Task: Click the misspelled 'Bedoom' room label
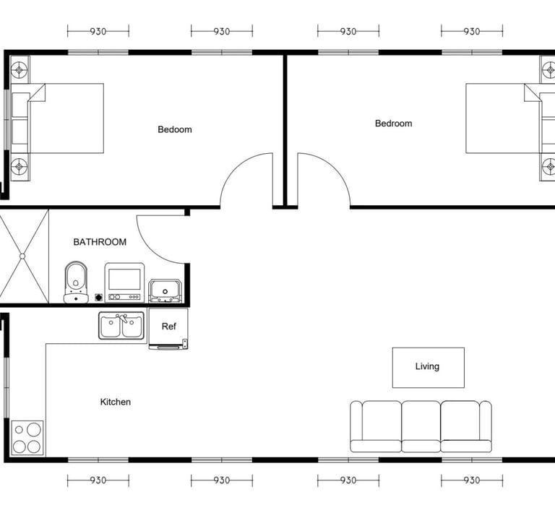coord(175,129)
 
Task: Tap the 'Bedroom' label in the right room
coord(394,124)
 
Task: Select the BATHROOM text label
coord(100,242)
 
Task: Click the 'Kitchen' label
coord(116,402)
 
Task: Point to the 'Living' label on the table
coord(427,366)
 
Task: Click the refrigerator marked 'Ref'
coord(168,329)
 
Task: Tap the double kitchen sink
coord(121,326)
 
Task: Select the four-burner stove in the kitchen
coord(27,438)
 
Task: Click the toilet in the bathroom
coord(76,282)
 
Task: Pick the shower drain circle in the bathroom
coord(22,256)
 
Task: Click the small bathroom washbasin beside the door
coord(165,291)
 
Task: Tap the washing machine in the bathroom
coord(124,282)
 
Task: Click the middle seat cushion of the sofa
coord(421,426)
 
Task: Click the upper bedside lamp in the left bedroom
coord(19,69)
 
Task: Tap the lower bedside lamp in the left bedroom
coord(19,166)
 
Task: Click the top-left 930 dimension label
coord(98,32)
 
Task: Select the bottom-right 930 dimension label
coord(472,480)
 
